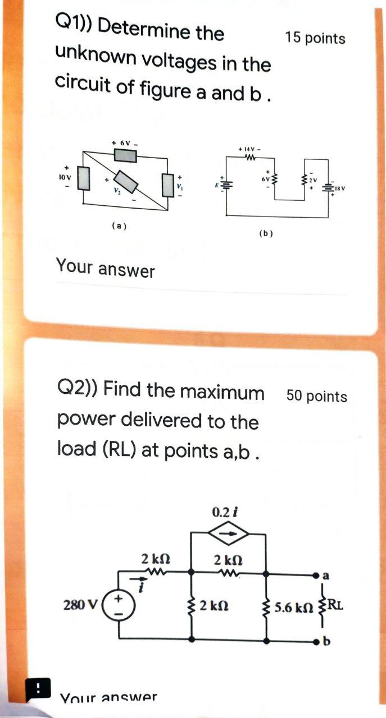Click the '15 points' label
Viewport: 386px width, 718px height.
(x=315, y=38)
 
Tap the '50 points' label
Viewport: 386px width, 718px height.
(x=317, y=397)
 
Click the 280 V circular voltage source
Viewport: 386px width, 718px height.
(x=120, y=605)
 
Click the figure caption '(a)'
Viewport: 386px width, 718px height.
(x=119, y=226)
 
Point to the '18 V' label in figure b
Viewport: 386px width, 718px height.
(x=339, y=189)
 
